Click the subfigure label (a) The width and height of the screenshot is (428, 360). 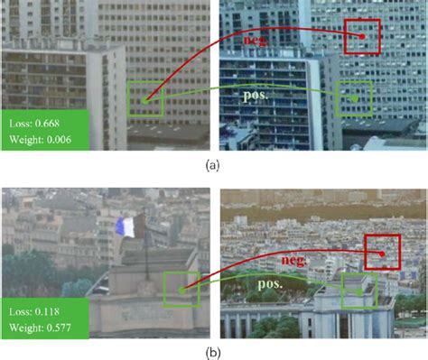pyautogui.click(x=213, y=164)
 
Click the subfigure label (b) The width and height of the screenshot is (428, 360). pyautogui.click(x=213, y=350)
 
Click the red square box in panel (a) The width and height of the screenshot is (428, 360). pyautogui.click(x=361, y=36)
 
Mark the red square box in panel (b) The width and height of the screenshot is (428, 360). pyautogui.click(x=382, y=252)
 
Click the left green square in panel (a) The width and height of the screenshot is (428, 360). pyautogui.click(x=145, y=99)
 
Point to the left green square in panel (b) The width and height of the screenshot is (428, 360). pyautogui.click(x=181, y=290)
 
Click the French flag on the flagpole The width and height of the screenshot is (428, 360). pyautogui.click(x=129, y=226)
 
